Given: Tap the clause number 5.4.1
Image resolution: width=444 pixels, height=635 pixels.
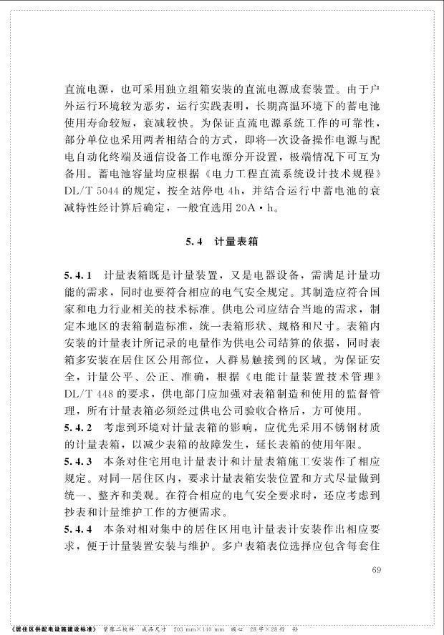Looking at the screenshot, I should (x=76, y=275).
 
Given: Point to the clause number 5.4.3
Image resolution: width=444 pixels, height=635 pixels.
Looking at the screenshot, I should (x=76, y=461).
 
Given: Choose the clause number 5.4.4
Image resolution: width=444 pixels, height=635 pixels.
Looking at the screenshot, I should (x=76, y=529).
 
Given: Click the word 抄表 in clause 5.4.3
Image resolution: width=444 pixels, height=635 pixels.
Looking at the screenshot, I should (x=76, y=513).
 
